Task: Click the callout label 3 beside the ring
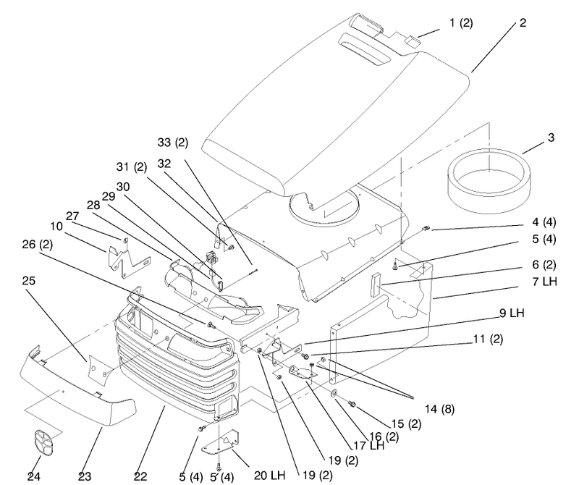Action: coord(551,138)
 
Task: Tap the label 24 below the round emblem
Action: coord(33,476)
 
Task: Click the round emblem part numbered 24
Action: coord(44,443)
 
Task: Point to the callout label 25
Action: coord(28,281)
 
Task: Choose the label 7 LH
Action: coord(545,282)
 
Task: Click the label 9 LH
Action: coord(512,313)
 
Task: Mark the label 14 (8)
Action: coord(439,409)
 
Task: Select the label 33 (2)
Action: coord(173,142)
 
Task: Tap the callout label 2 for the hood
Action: coord(523,23)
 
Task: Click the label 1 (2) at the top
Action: coord(461,23)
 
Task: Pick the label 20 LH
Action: coord(269,475)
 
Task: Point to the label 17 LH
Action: coord(369,445)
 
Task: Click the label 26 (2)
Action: coord(38,245)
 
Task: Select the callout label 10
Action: coord(56,226)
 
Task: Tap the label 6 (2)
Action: coord(544,264)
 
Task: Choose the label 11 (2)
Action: coord(488,339)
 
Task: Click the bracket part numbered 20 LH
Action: coord(220,442)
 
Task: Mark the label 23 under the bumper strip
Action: coord(85,476)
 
